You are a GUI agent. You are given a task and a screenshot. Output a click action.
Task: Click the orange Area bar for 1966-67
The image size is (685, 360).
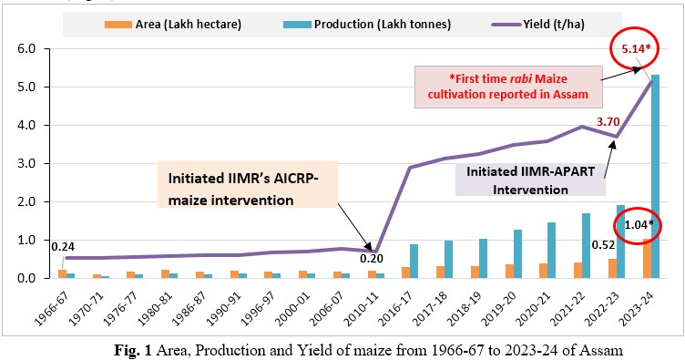coord(62,273)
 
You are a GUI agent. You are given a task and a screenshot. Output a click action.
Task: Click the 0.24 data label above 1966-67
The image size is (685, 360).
coord(62,246)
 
